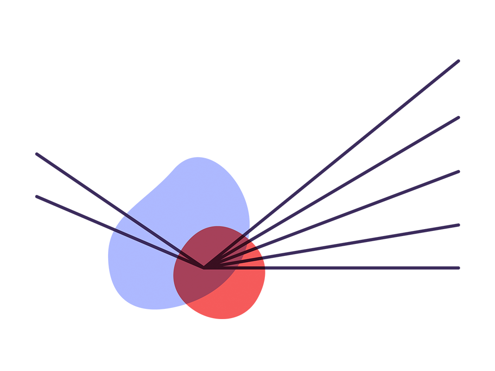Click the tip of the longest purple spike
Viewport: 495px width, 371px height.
click(458, 61)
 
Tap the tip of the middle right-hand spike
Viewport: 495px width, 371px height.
click(458, 117)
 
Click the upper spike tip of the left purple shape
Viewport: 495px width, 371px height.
click(37, 154)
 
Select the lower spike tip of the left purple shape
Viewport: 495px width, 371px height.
click(37, 197)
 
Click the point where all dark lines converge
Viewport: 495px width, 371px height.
click(204, 268)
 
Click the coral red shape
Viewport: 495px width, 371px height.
click(325, 297)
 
